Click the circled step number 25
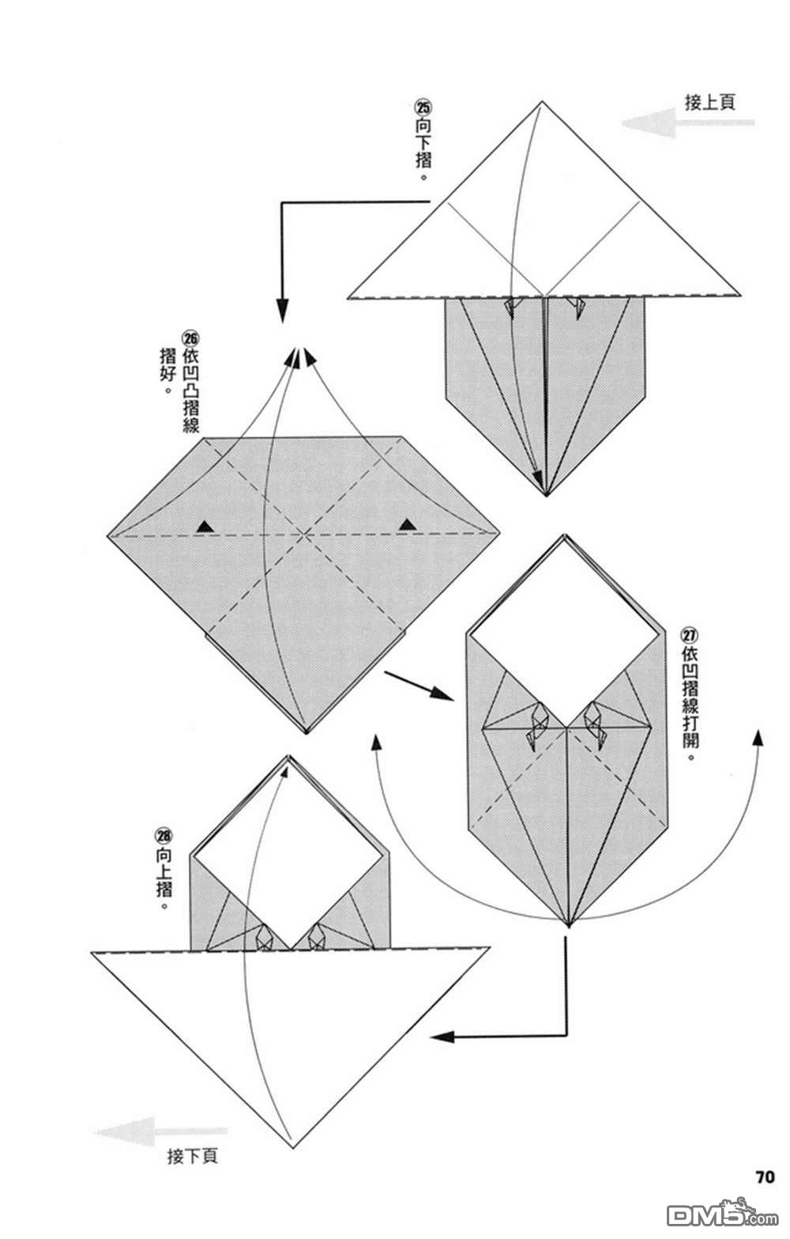[x=423, y=107]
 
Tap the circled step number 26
[x=190, y=338]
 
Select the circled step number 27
[x=690, y=636]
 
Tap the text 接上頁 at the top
[x=710, y=102]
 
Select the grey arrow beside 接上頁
[x=688, y=123]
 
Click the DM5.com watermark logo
[x=723, y=1214]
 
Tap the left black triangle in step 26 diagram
[x=205, y=527]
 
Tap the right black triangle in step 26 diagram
[x=408, y=523]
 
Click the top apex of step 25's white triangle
[x=541, y=102]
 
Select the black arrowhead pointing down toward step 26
[x=282, y=311]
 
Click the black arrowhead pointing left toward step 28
[x=443, y=1037]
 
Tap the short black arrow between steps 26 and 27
[x=419, y=686]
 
